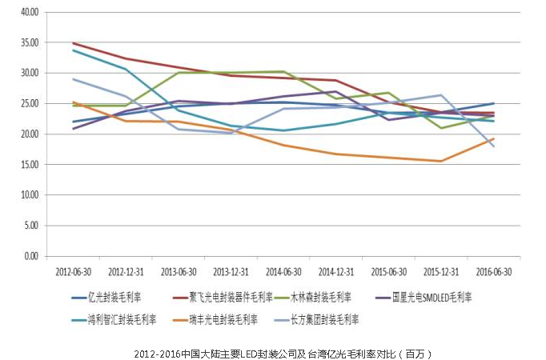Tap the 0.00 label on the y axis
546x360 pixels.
(30, 256)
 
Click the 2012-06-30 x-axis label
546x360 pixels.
(72, 270)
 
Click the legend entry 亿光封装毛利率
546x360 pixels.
(112, 298)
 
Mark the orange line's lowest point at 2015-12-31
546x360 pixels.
(440, 161)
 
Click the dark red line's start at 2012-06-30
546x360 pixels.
(73, 43)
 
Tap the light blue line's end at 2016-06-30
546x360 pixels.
(493, 146)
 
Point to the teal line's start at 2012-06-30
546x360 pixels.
(73, 50)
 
